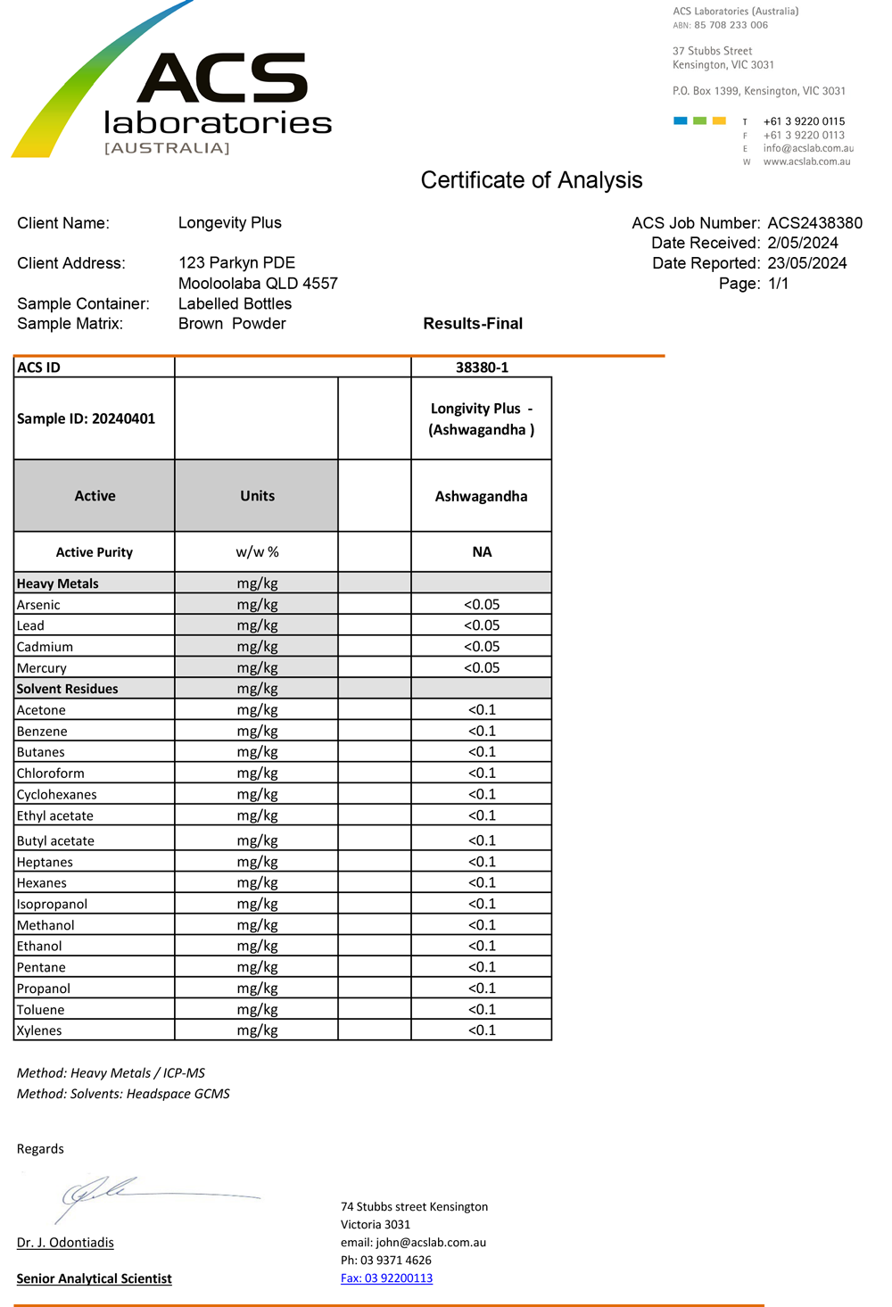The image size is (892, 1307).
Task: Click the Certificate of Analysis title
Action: [x=531, y=180]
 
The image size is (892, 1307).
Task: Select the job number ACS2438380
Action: [x=814, y=223]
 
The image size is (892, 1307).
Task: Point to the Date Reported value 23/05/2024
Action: [x=806, y=263]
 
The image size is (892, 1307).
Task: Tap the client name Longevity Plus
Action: [x=229, y=223]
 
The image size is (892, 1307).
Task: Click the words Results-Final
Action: [x=473, y=324]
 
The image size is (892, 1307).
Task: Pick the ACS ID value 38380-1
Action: [x=482, y=368]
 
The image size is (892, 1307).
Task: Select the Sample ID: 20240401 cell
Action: [x=87, y=418]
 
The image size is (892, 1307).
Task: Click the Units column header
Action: [x=257, y=496]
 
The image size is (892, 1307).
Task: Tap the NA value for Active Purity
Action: [x=482, y=552]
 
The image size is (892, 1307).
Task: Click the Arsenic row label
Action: [x=38, y=605]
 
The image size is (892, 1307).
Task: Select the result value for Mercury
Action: [x=482, y=668]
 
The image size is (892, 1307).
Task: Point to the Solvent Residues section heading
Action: [x=68, y=689]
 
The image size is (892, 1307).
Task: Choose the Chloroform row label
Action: [x=51, y=773]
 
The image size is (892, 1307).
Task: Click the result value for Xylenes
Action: [x=482, y=1030]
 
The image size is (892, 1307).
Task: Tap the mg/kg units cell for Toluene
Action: [x=257, y=1010]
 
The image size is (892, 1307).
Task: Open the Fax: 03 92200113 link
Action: [x=386, y=1278]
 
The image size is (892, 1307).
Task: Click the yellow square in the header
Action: [x=719, y=120]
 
